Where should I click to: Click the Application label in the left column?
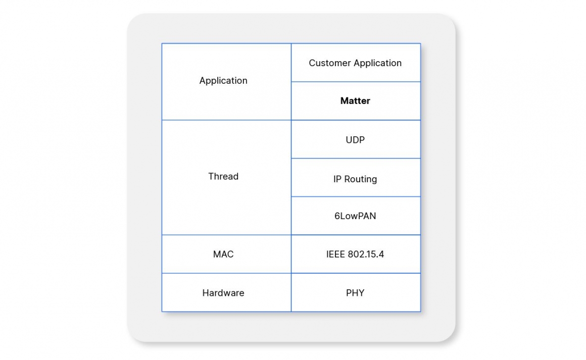223,81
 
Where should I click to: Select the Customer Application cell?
355,63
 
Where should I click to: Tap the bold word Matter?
355,101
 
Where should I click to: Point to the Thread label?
223,177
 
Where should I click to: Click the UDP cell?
355,140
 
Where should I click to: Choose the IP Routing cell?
355,179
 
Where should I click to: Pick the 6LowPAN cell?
355,216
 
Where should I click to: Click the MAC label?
223,254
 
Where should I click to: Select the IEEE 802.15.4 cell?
355,254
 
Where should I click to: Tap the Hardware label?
223,293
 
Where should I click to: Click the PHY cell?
355,293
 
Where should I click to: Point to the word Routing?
361,179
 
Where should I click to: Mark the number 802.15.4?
366,254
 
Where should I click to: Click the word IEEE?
335,254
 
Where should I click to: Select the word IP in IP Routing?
337,179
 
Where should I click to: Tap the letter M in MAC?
216,254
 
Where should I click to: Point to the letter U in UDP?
349,140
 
